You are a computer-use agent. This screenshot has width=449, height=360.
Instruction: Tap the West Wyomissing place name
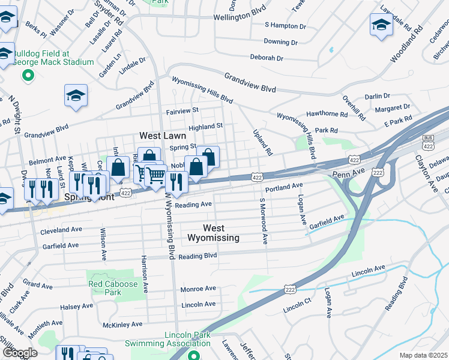coord(213,233)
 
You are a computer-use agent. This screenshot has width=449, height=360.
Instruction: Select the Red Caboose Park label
coord(104,288)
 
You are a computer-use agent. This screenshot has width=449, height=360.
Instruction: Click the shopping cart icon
coord(155,175)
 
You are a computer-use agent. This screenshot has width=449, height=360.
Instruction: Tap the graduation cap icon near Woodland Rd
coord(381,25)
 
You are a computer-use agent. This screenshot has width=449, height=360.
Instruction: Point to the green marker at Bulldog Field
coord(27,76)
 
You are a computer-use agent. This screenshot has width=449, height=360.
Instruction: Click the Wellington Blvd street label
coord(240,17)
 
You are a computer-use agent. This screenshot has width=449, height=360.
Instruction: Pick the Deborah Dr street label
coord(267,58)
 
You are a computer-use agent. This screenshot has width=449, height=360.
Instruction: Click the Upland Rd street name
coord(262,142)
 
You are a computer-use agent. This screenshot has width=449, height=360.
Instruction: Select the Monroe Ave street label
coord(198,289)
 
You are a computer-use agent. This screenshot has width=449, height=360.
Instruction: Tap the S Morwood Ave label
coord(263,221)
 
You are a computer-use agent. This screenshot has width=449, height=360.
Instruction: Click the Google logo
coord(20,353)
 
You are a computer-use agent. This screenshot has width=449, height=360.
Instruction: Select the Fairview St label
coord(182,111)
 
